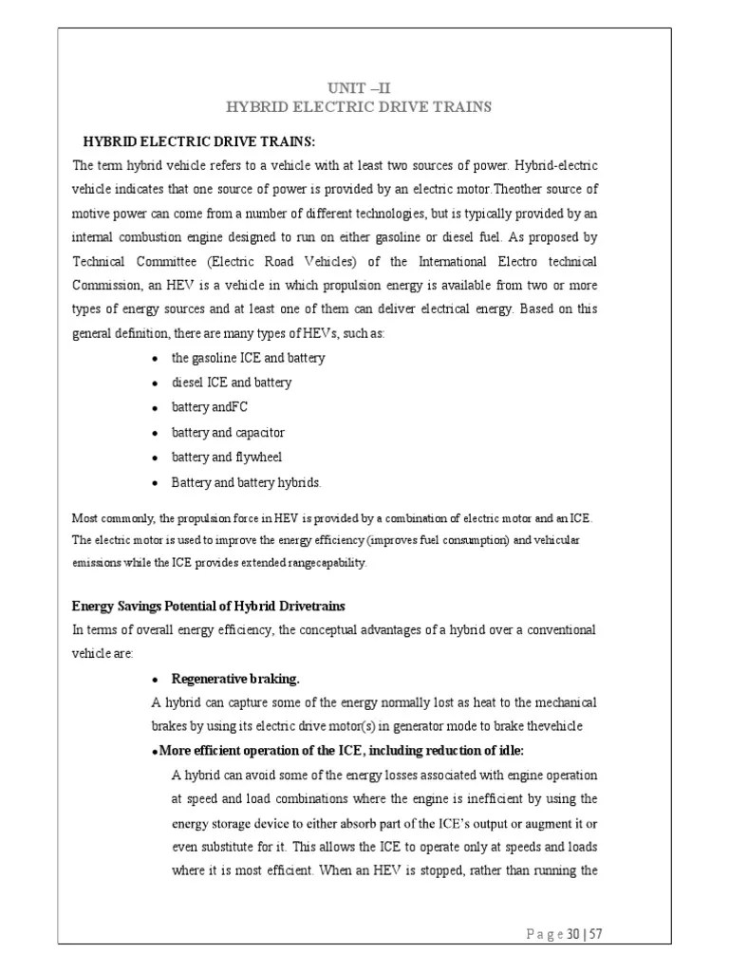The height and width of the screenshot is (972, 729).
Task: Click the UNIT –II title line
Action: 364,87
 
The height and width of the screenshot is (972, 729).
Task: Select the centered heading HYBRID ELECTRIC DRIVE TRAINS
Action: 364,107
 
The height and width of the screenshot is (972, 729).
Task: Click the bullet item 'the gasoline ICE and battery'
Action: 248,358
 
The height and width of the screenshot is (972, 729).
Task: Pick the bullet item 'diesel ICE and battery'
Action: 231,383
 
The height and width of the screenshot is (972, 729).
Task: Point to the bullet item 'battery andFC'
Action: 209,407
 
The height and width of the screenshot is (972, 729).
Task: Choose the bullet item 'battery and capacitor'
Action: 228,432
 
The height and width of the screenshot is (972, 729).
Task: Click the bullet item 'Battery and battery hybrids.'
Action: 246,482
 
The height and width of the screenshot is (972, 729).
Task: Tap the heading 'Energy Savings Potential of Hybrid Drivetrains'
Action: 209,606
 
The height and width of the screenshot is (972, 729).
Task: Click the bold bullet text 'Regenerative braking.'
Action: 234,679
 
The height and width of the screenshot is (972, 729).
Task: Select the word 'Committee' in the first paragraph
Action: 170,260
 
